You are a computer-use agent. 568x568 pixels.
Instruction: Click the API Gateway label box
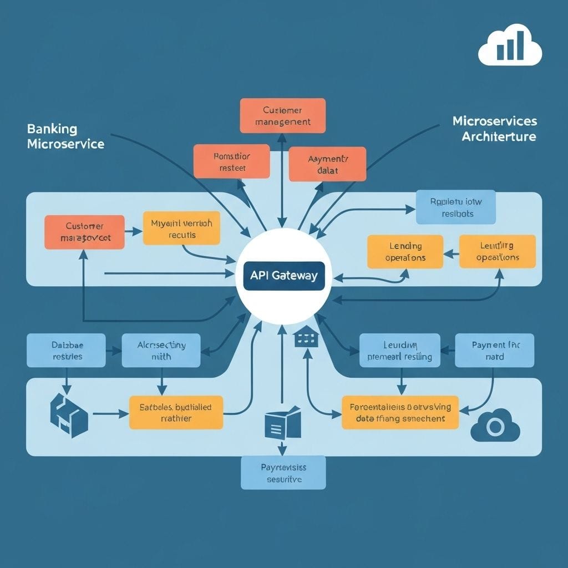tap(283, 276)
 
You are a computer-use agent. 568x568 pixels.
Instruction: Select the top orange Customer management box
tap(282, 115)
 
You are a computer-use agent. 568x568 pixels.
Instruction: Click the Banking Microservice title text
tap(65, 136)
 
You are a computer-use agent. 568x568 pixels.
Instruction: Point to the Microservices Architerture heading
tap(494, 128)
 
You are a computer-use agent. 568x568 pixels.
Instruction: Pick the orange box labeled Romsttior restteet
tap(231, 161)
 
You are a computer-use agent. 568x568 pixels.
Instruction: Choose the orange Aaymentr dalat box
tap(327, 164)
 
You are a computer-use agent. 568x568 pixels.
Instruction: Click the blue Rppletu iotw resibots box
tap(456, 207)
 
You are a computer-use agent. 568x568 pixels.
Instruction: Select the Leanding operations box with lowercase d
tap(405, 251)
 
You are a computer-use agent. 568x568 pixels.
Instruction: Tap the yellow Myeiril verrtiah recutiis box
tap(181, 227)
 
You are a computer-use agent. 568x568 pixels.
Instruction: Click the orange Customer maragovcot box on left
tap(84, 231)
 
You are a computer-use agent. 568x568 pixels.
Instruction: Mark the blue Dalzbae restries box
tap(66, 350)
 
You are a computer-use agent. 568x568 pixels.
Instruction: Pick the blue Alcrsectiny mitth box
tap(161, 350)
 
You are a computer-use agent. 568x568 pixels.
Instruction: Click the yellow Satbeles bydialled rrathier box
tap(176, 412)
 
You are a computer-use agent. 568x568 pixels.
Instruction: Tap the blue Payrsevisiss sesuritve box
tap(283, 473)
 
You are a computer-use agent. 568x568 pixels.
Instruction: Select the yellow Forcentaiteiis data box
tap(400, 412)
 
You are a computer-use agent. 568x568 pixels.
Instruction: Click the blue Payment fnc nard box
tap(494, 350)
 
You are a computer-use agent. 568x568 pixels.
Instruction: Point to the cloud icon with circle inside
tap(495, 426)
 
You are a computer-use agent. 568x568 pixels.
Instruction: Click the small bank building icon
tap(304, 337)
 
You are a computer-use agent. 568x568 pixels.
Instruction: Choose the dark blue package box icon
tap(68, 415)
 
